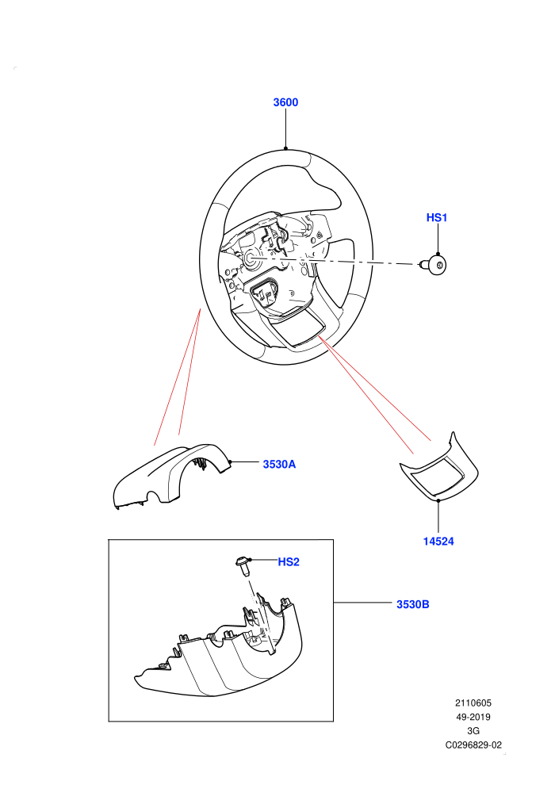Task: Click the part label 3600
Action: pos(285,102)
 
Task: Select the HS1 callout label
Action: pos(436,217)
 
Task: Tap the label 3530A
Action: pos(279,464)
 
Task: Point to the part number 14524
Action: pos(438,542)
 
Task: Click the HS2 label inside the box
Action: pos(289,562)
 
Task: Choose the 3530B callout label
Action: pos(413,604)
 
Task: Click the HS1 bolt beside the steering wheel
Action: pos(434,266)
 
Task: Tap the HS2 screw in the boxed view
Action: pos(243,566)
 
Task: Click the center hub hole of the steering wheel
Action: pos(250,258)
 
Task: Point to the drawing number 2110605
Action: pos(473,703)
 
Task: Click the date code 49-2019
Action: pos(473,717)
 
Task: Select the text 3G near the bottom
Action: pos(473,731)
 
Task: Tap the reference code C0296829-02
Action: pos(473,745)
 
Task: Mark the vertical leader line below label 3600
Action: pos(285,128)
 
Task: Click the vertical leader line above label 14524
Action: pos(438,516)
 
